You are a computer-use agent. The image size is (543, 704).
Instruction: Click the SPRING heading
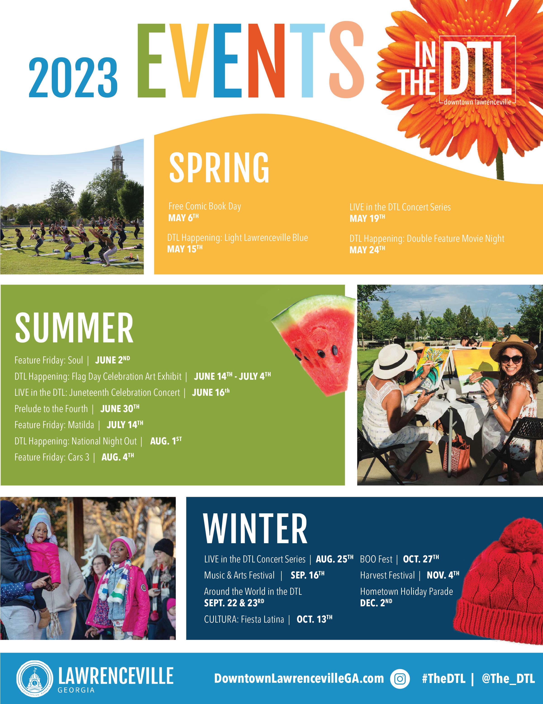tap(219, 167)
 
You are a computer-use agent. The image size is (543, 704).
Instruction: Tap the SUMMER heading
tap(74, 328)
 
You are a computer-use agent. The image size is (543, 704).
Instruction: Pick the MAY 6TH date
tap(183, 218)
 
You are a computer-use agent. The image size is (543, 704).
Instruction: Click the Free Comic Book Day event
tap(205, 206)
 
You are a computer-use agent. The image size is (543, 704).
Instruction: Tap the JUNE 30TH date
tap(120, 408)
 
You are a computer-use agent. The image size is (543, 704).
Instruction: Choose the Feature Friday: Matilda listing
tap(54, 425)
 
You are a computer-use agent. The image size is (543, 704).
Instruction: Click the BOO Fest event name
tap(376, 559)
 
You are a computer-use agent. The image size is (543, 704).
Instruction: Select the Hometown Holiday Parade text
tap(406, 592)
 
